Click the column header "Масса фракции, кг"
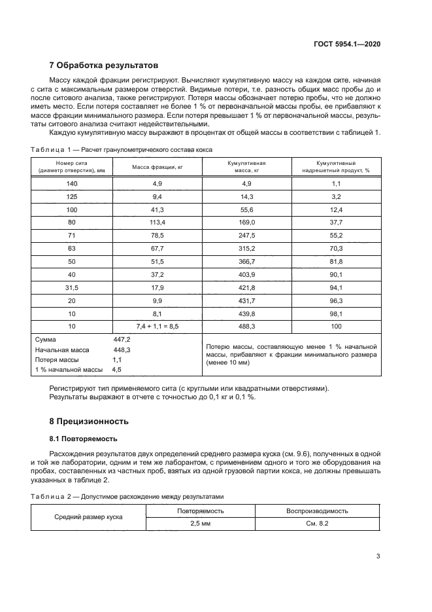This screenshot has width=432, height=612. tap(157, 168)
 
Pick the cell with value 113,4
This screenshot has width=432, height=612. tap(157, 223)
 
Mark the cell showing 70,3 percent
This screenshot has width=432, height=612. tap(335, 248)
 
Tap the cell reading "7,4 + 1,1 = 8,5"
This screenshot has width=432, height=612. tap(157, 325)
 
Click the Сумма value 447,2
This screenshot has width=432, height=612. tap(122, 340)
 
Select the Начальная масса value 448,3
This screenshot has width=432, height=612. tap(122, 350)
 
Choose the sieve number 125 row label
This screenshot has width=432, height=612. tap(72, 196)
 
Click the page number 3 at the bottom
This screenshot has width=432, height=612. tap(378, 557)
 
